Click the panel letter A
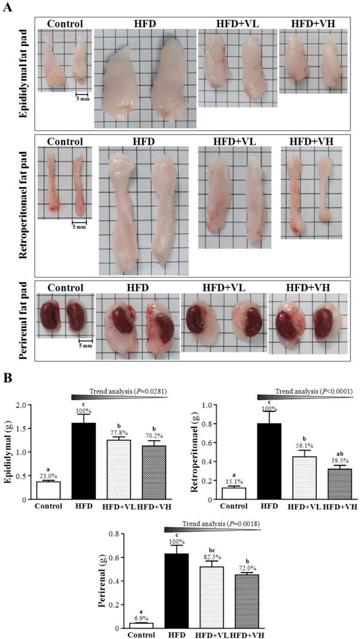tap(8, 8)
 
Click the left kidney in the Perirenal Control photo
tap(50, 314)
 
